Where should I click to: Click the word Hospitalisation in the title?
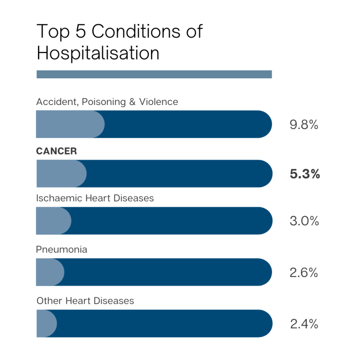[x=98, y=53]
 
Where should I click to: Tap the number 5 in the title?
[x=81, y=31]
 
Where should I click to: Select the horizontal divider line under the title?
[x=154, y=74]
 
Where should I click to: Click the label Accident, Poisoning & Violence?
[x=107, y=102]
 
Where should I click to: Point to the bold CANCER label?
[x=56, y=151]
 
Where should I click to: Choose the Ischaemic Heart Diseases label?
[x=95, y=198]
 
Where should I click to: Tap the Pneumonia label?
[x=61, y=249]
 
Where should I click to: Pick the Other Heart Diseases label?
[x=85, y=301]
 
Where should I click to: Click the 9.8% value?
[x=304, y=125]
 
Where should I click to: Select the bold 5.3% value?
[x=305, y=174]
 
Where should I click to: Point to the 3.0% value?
[x=304, y=221]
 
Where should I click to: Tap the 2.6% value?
[x=304, y=272]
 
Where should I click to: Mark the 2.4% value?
[x=304, y=324]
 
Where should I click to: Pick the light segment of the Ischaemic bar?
[x=53, y=221]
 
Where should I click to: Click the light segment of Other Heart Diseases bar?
[x=46, y=323]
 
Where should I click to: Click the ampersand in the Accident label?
[x=132, y=102]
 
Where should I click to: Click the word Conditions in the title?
[x=136, y=31]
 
